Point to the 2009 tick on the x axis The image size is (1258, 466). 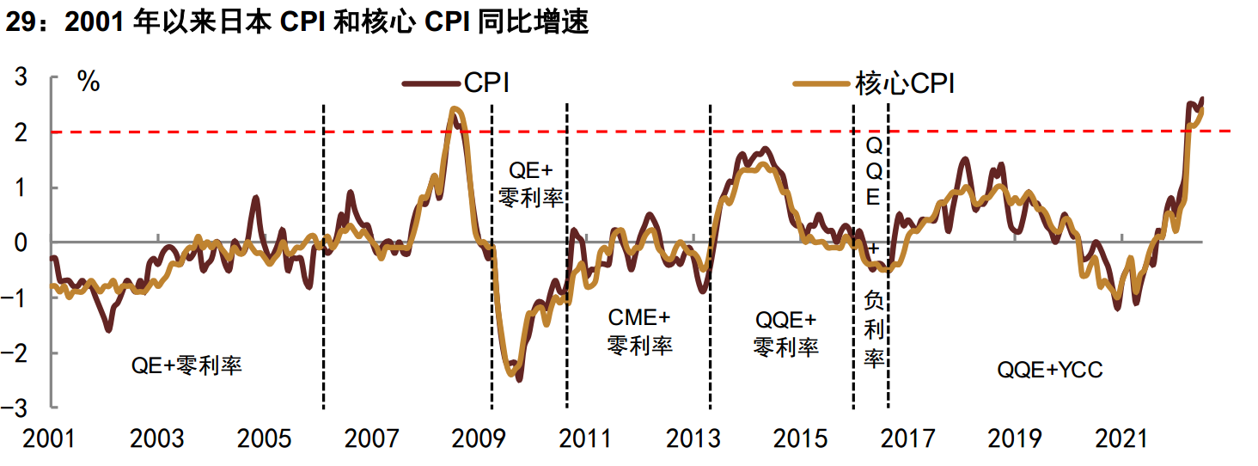478,438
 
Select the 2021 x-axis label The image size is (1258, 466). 1122,438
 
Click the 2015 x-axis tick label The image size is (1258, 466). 801,438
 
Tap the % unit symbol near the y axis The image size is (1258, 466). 89,82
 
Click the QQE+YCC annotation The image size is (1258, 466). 1049,371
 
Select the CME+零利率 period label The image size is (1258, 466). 639,332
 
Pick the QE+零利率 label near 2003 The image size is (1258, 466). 186,365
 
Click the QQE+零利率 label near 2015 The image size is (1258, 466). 785,334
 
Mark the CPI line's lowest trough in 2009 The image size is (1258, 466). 519,379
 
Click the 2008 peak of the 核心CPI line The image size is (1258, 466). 455,109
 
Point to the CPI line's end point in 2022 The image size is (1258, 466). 1201,98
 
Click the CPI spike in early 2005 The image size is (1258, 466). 255,198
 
